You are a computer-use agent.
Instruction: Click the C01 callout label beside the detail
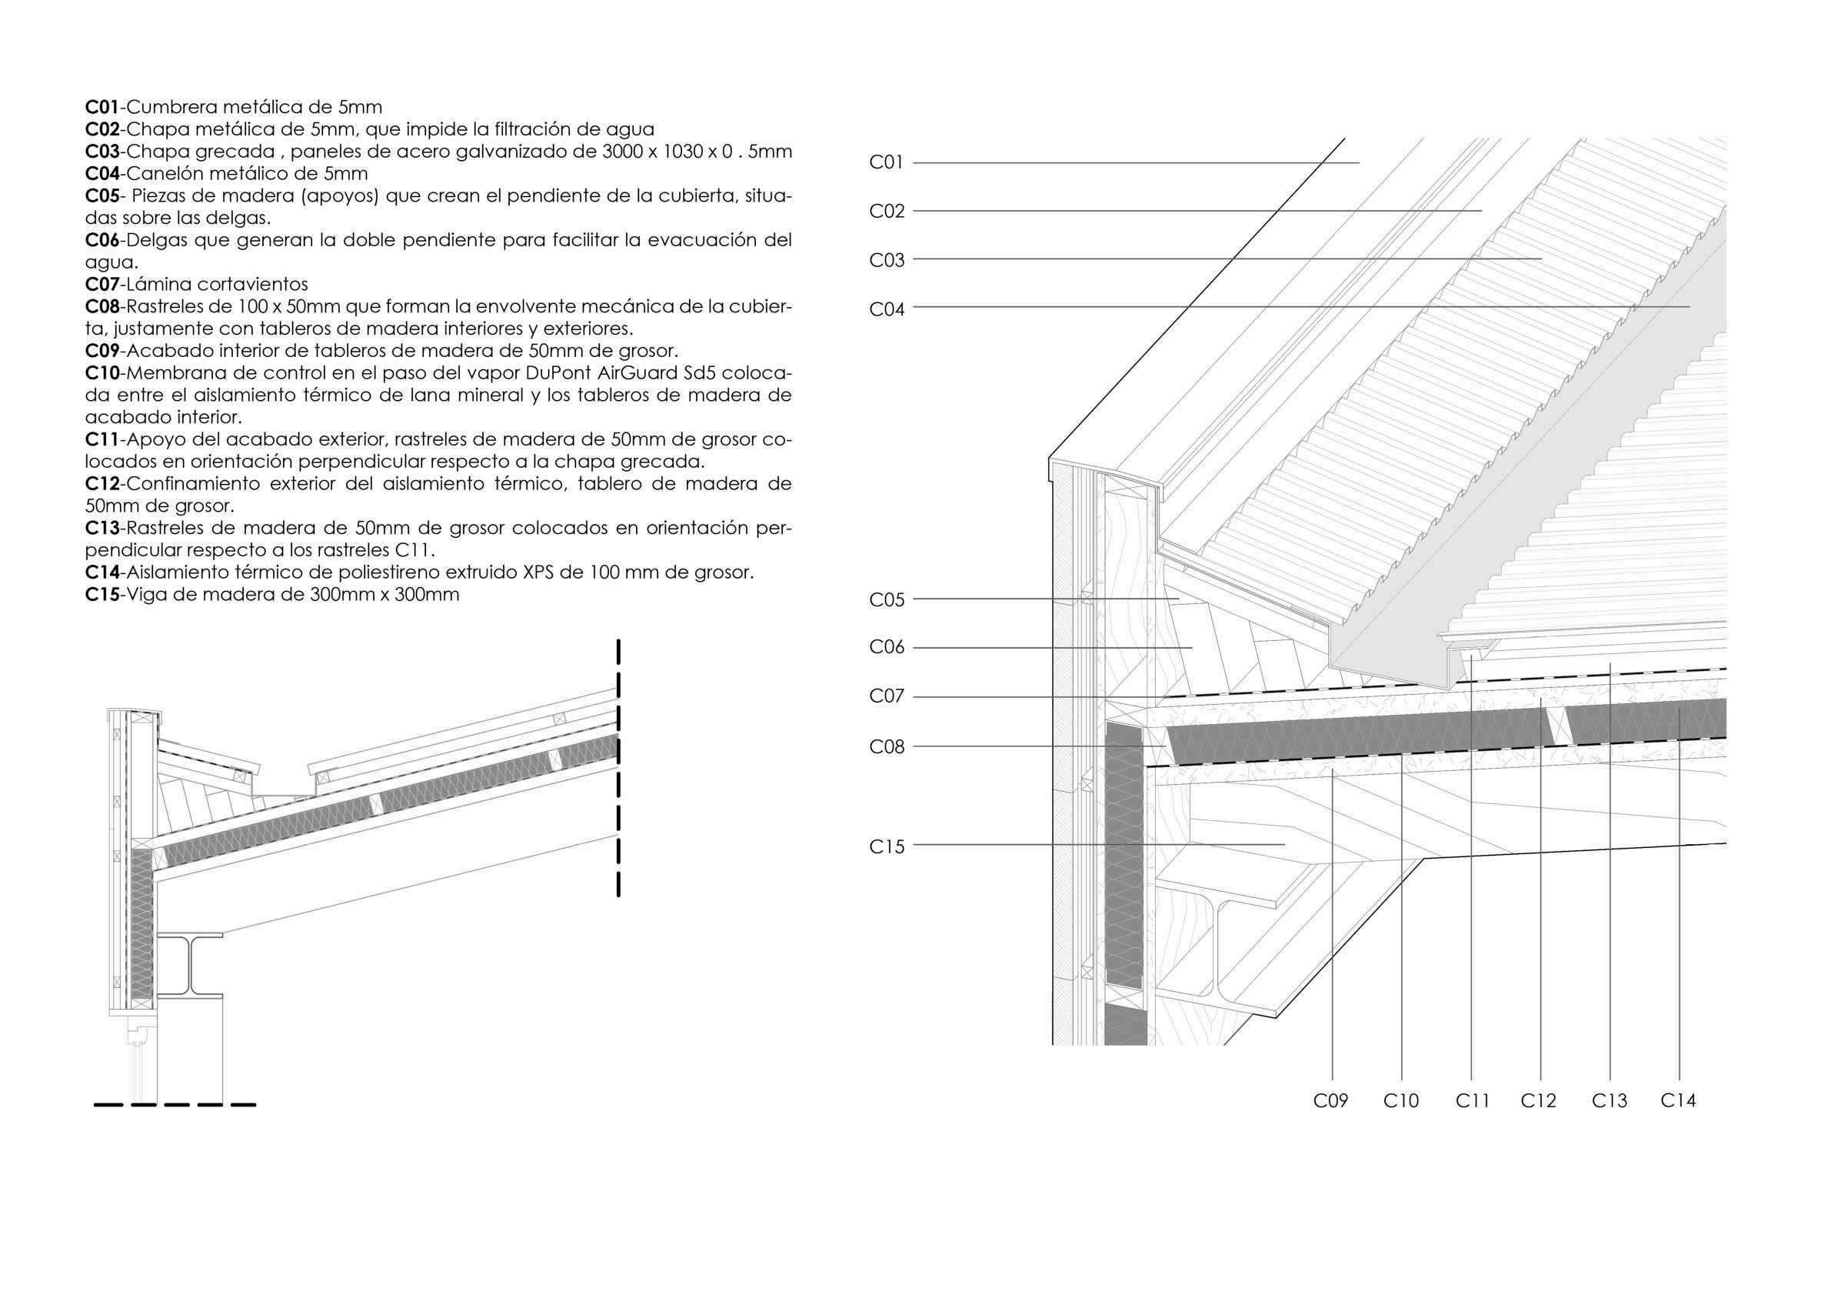[x=886, y=163]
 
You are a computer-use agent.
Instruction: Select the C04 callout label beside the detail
[x=886, y=309]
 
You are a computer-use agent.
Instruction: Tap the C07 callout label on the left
[x=886, y=696]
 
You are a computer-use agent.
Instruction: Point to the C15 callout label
[x=886, y=846]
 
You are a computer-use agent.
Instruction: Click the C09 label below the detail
[x=1330, y=1101]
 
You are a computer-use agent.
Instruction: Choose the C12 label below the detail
[x=1538, y=1101]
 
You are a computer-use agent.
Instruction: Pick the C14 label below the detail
[x=1678, y=1101]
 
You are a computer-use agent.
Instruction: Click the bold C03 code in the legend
[x=102, y=152]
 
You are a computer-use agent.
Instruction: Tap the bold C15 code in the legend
[x=102, y=595]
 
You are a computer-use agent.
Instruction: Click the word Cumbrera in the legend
[x=170, y=107]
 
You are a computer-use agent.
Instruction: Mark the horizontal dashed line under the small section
[x=175, y=1105]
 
